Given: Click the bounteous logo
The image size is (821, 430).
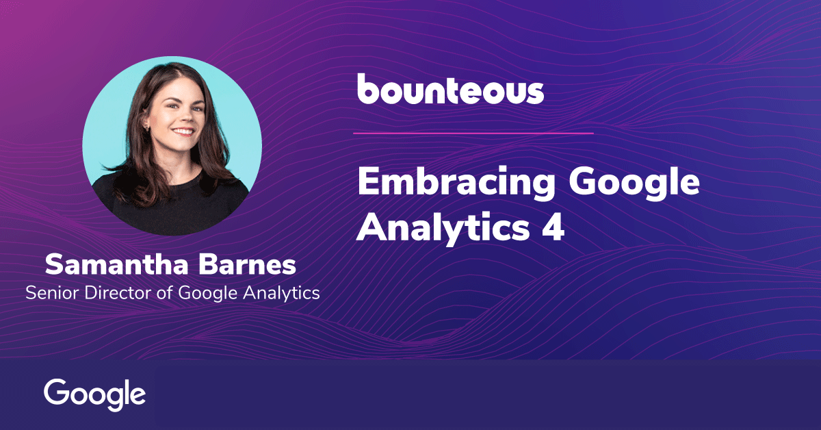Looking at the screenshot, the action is click(x=450, y=89).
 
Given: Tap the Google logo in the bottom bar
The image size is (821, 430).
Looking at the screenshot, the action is click(x=94, y=395).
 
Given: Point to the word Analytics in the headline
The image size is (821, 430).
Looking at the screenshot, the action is click(x=443, y=228).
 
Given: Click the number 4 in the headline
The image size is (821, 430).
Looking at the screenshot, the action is click(x=553, y=227).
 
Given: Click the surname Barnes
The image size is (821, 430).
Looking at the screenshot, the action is click(x=248, y=264).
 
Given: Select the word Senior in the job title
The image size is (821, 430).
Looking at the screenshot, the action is click(x=53, y=293).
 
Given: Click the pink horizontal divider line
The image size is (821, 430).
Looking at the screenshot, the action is click(x=473, y=134).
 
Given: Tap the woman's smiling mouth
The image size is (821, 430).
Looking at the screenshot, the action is click(x=183, y=131).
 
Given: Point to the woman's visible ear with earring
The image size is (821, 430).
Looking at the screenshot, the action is click(x=146, y=123).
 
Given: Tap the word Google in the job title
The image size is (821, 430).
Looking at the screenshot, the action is click(x=207, y=294).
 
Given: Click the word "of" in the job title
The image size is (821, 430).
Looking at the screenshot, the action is click(x=165, y=293).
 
